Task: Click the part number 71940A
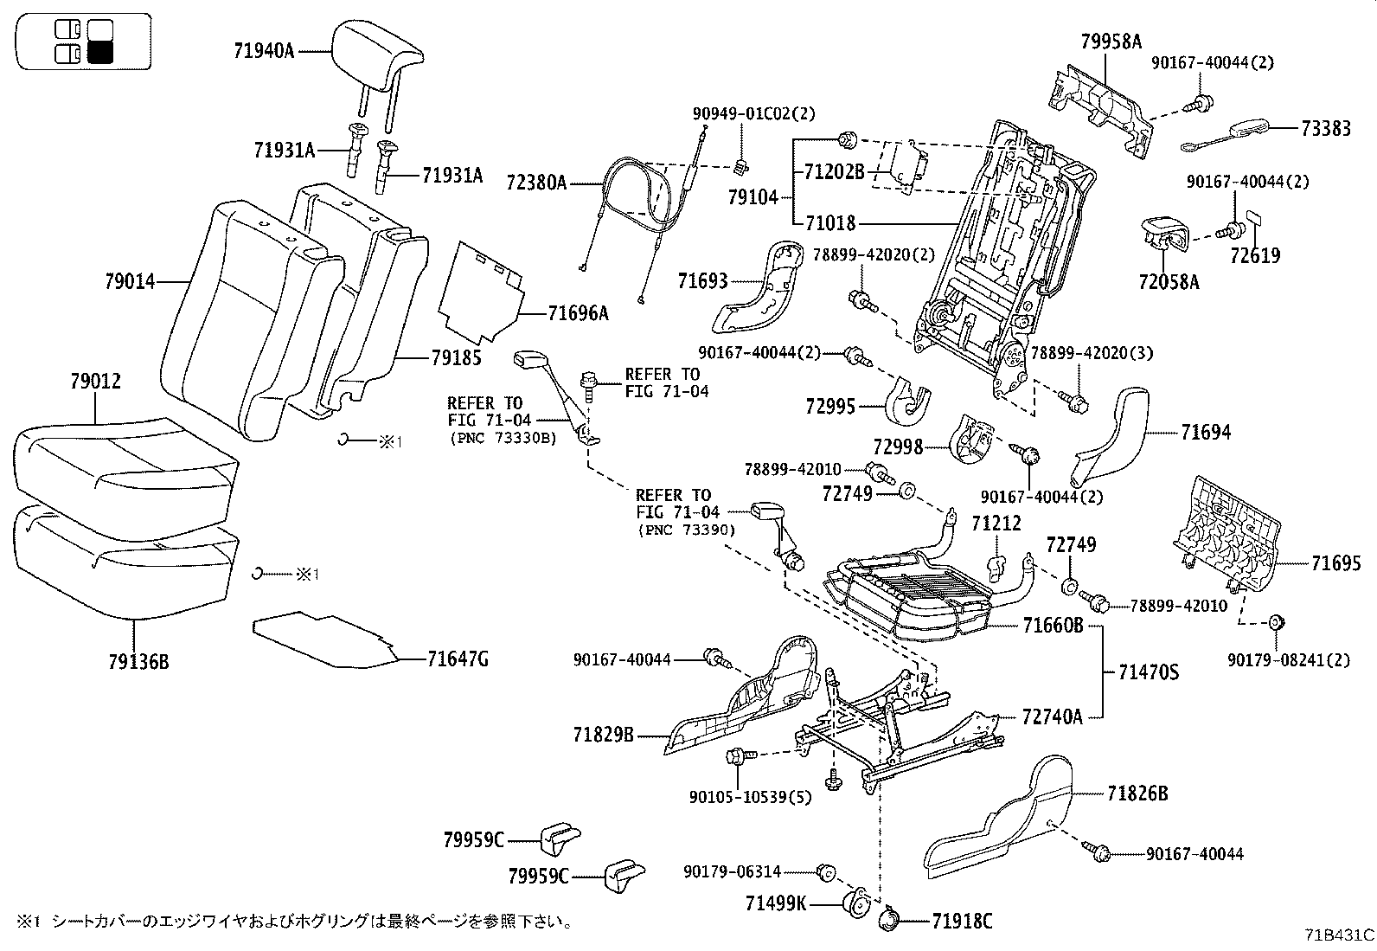pos(264,51)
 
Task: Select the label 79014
pos(130,281)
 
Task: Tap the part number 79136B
pos(138,664)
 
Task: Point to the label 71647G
pos(458,660)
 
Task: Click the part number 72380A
pos(536,183)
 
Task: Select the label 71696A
pos(578,314)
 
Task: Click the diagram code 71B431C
pos(1339,935)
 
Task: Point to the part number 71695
pos(1335,564)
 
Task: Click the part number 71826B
pos(1137,794)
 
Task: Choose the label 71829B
pos(603,736)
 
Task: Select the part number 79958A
pos(1111,41)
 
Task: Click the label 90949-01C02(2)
pos(753,113)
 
